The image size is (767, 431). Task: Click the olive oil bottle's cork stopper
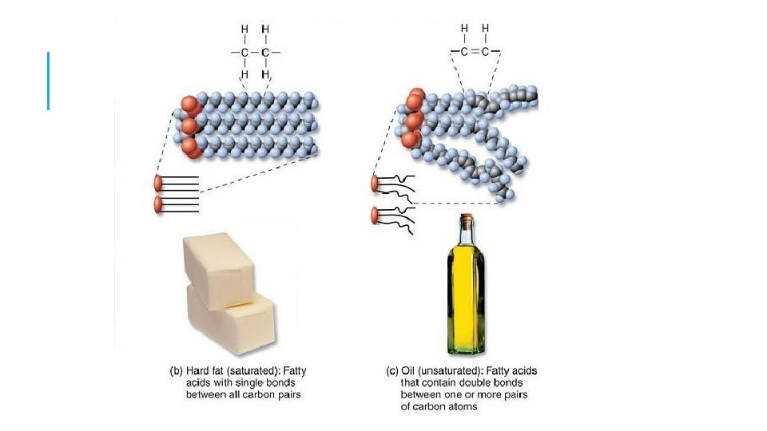466,219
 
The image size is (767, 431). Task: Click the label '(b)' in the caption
176,371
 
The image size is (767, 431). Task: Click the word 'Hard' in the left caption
200,371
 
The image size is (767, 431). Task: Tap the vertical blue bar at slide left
48,81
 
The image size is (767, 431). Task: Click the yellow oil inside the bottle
466,295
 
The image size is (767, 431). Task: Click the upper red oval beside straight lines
158,184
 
